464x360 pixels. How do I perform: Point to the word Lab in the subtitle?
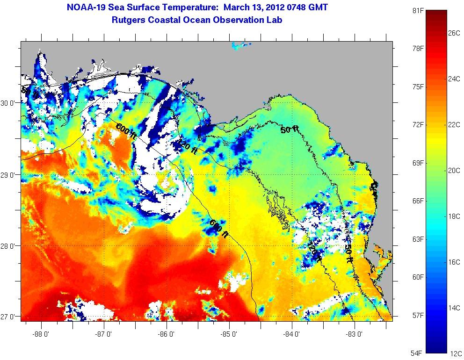tap(275, 20)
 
